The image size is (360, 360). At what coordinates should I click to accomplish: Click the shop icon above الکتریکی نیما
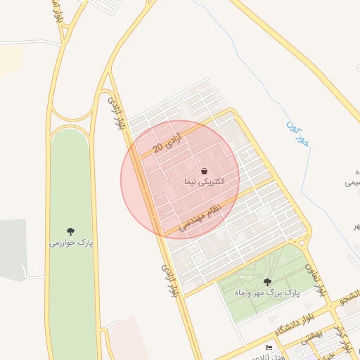point(204,171)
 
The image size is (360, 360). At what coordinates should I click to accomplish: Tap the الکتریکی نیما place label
point(204,182)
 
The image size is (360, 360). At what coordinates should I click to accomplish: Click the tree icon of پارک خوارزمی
point(70,231)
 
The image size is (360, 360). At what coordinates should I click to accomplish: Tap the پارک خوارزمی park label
point(70,243)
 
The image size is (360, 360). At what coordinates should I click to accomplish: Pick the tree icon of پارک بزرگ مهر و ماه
point(267,282)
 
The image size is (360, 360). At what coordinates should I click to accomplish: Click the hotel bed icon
point(268,348)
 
